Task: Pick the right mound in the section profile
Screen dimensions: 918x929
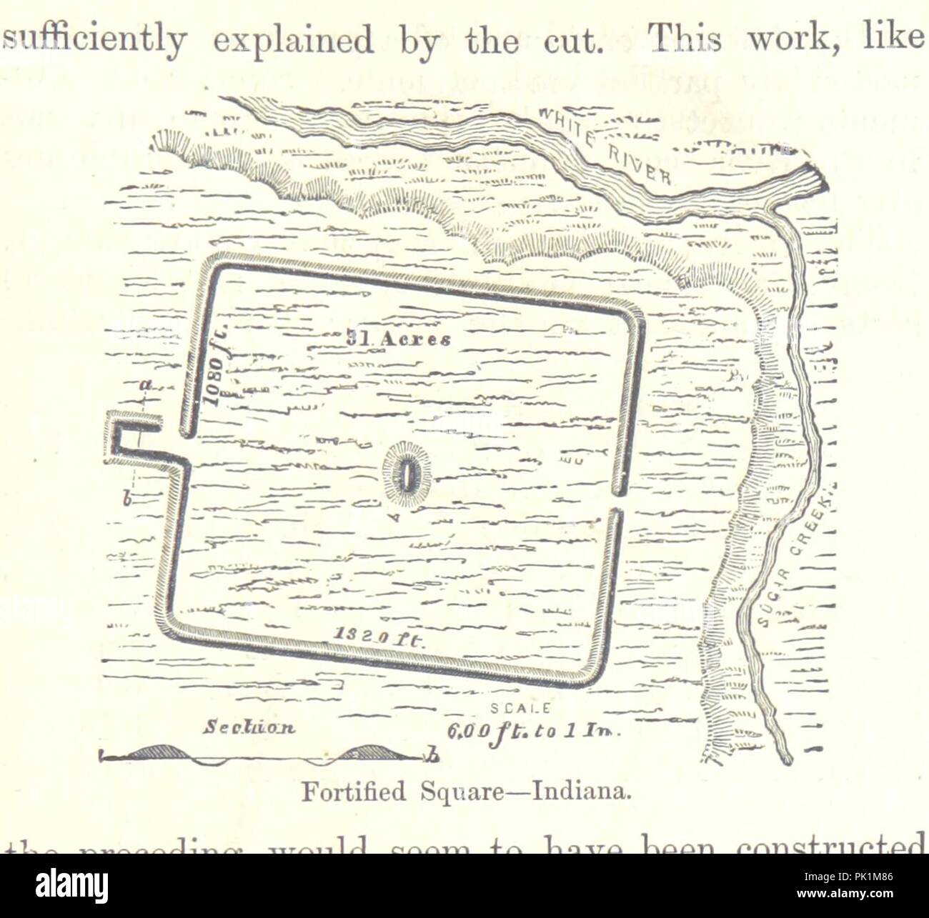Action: pyautogui.click(x=372, y=750)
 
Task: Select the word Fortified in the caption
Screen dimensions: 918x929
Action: pyautogui.click(x=338, y=793)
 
